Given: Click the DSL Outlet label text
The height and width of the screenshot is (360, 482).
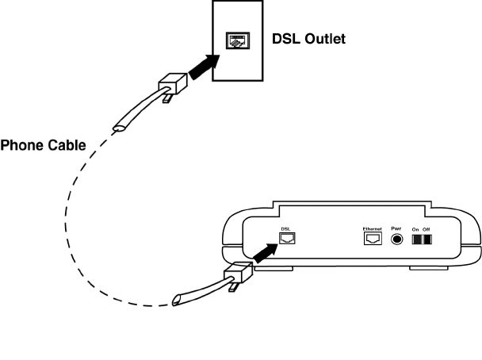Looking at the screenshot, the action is (x=308, y=39).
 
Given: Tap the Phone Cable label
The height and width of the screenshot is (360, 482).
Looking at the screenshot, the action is (x=43, y=145).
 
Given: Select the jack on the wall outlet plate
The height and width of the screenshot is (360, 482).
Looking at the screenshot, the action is (x=238, y=40).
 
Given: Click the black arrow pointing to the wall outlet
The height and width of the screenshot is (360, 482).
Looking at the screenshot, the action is (x=204, y=67).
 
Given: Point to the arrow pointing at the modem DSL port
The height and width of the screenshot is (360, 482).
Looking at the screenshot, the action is (x=266, y=253).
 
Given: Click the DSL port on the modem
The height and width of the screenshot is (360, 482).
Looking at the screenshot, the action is (x=287, y=238).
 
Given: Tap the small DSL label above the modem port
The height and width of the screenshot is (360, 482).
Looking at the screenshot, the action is (x=285, y=229).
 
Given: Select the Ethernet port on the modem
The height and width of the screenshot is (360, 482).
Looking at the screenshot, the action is (x=373, y=238).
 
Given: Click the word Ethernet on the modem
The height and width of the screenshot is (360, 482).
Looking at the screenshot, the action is (x=373, y=229).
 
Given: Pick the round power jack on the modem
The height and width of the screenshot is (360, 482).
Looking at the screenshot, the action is (x=397, y=239).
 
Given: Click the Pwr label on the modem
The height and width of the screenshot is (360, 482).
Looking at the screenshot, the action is (x=396, y=228).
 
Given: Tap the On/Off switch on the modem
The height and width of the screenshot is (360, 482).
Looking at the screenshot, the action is (x=422, y=239).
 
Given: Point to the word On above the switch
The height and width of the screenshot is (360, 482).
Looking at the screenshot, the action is (x=415, y=229).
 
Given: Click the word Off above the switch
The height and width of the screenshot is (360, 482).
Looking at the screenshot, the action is (x=426, y=229).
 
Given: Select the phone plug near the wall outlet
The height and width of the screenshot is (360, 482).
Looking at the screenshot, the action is (x=173, y=83).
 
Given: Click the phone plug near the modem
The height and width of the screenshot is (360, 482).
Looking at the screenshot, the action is (x=239, y=272).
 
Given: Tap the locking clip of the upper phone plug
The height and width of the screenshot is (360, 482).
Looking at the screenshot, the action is (x=167, y=98).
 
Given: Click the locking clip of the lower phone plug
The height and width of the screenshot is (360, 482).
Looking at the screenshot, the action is (x=233, y=287).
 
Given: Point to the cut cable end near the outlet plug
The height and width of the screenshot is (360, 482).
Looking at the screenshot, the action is (x=119, y=128).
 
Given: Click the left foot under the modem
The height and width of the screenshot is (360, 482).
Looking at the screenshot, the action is (x=274, y=269).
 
